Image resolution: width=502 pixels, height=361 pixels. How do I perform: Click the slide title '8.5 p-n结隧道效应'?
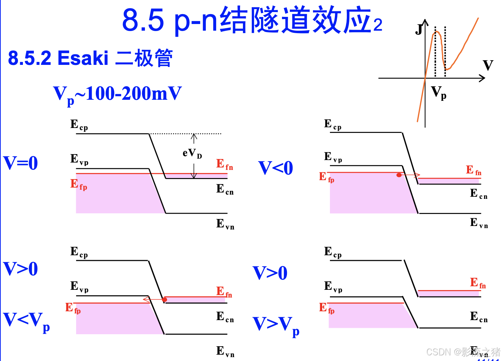tap(252, 20)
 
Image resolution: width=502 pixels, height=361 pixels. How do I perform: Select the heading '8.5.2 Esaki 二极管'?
tap(90, 58)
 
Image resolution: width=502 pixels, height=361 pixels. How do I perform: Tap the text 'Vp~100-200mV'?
tap(117, 94)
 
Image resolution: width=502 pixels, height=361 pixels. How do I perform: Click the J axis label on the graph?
tap(419, 29)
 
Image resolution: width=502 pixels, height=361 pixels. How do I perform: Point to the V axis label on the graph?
tap(488, 65)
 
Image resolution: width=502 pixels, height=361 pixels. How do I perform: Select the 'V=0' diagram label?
tap(20, 163)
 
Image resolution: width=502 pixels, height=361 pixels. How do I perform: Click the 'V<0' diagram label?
tap(275, 168)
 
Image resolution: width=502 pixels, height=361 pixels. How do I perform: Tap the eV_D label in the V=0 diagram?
tap(192, 153)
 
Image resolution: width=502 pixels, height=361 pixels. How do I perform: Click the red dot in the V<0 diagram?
tap(399, 175)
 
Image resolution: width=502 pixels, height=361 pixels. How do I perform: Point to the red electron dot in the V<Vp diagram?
tap(165, 300)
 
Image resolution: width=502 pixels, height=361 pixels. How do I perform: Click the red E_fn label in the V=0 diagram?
tap(225, 164)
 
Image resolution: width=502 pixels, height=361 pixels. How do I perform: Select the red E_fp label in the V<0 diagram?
tap(326, 177)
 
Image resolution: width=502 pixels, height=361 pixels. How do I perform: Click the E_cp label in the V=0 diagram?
tap(79, 125)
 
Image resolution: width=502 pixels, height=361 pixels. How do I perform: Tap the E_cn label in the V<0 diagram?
tap(479, 194)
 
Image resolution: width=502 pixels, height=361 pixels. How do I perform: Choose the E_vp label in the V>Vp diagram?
tap(333, 287)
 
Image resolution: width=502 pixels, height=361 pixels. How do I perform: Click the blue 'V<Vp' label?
tap(26, 321)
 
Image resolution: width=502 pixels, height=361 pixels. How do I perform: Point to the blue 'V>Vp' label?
tap(276, 325)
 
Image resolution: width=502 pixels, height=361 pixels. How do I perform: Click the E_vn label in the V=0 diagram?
tap(225, 224)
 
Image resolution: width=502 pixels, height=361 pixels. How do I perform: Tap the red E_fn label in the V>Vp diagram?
tap(478, 283)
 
